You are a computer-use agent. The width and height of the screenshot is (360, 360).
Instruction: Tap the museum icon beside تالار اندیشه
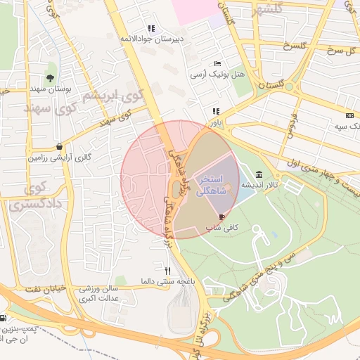(x=260, y=174)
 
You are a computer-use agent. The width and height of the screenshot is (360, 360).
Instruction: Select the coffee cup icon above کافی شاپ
(x=223, y=217)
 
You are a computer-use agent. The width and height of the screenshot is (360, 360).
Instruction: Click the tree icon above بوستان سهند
(x=51, y=77)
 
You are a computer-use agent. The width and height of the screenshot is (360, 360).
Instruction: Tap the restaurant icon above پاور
(x=216, y=111)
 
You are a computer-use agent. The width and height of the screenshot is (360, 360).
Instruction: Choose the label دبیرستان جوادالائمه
(x=151, y=39)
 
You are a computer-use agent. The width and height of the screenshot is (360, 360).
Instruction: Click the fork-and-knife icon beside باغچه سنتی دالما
(x=167, y=271)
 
